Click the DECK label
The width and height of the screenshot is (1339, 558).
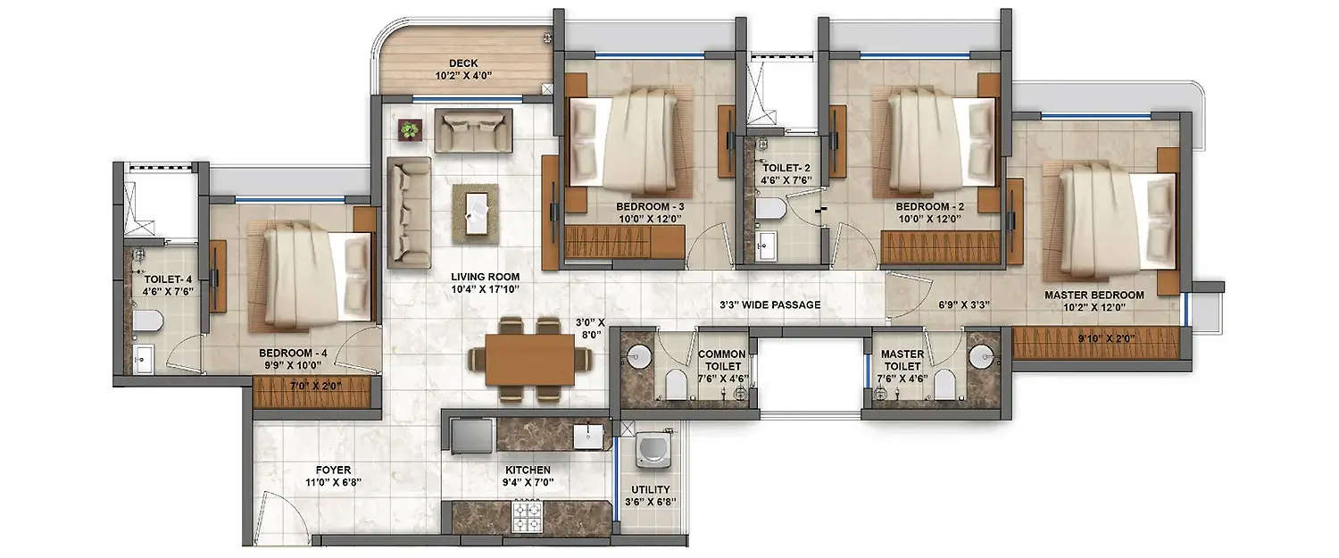click(x=463, y=63)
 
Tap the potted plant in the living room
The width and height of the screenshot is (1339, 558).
click(x=409, y=130)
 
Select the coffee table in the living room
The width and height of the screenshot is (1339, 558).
click(x=474, y=211)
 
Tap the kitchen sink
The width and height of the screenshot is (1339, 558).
click(x=587, y=436)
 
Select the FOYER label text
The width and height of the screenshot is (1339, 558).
click(x=332, y=470)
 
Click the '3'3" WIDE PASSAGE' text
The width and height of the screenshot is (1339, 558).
click(x=769, y=305)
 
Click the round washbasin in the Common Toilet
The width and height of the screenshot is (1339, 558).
click(x=637, y=355)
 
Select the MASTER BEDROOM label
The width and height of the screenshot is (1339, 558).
click(x=1094, y=295)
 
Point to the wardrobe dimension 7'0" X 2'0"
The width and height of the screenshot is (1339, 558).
click(x=310, y=386)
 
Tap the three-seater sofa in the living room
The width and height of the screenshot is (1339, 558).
click(x=409, y=211)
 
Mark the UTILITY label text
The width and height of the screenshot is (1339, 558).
click(x=654, y=489)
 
